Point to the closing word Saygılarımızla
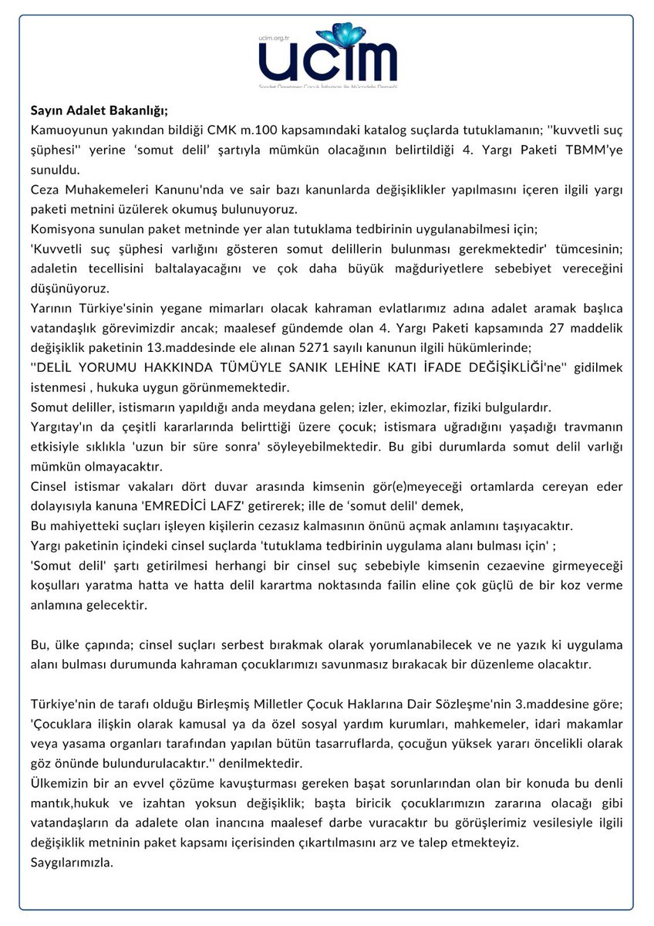tap(72, 862)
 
